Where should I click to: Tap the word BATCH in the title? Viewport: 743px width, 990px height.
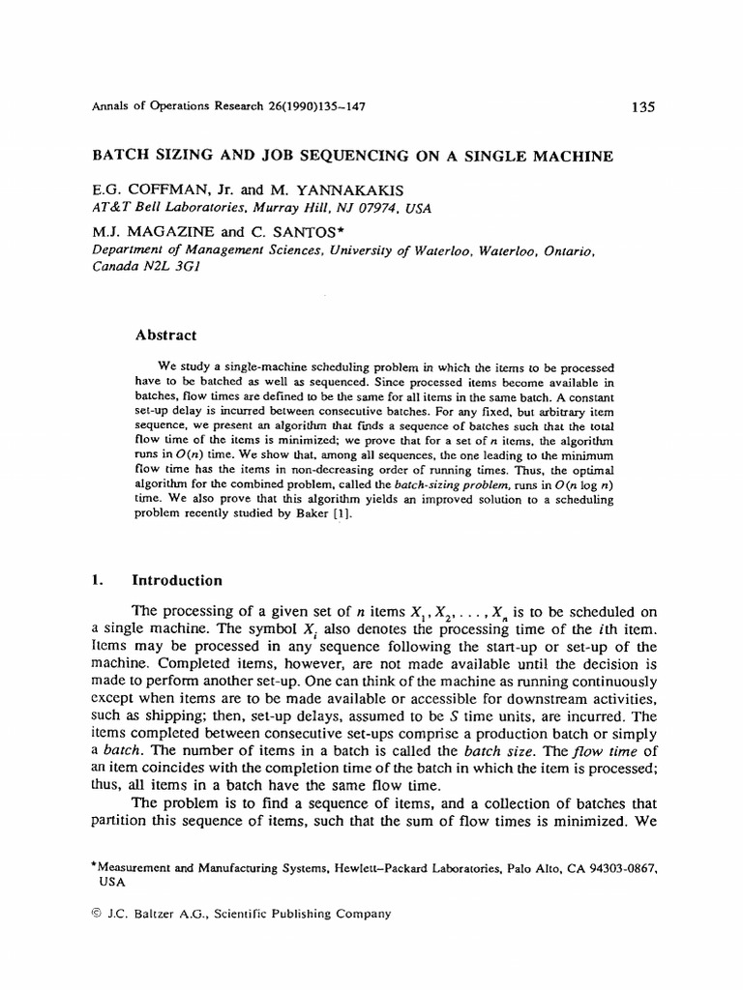pos(116,154)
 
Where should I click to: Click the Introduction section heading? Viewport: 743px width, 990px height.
pos(176,581)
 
